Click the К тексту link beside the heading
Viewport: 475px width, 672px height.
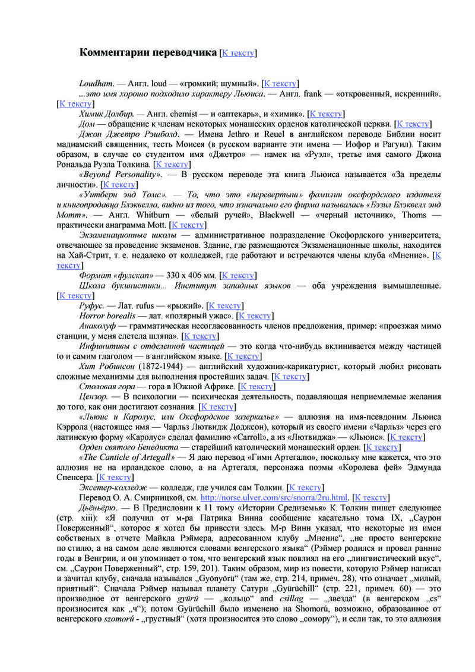238,53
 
